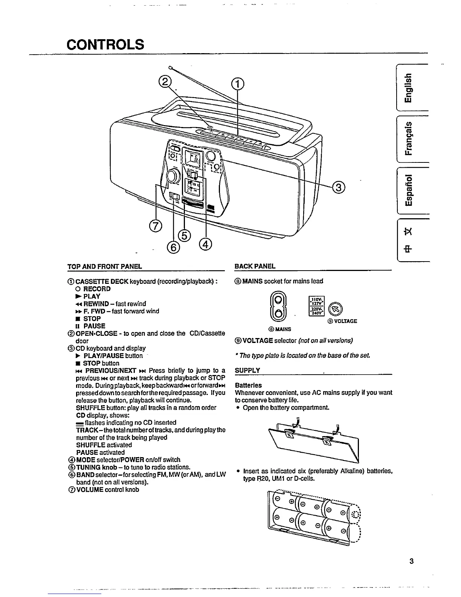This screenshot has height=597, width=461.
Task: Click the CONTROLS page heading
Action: [x=105, y=44]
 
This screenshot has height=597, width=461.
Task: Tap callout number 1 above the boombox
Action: [x=237, y=83]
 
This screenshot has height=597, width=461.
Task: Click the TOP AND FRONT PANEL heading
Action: [x=104, y=266]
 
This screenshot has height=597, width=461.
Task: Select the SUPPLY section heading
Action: [x=247, y=370]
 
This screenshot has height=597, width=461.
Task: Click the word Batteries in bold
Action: [x=248, y=385]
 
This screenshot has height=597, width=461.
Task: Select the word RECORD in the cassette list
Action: [x=97, y=289]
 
